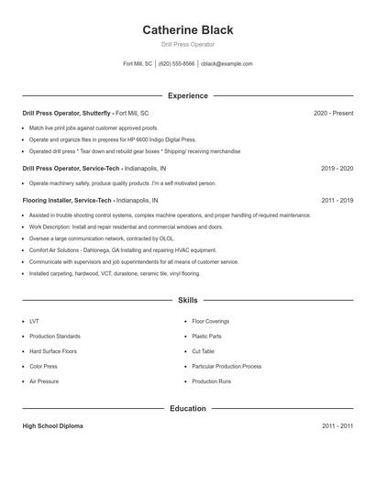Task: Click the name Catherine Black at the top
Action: pos(188,29)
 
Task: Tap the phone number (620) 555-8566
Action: pos(177,64)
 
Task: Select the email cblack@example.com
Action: pos(227,64)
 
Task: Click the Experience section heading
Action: pos(188,95)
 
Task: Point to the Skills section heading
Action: pos(188,300)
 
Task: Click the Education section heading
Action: pos(188,408)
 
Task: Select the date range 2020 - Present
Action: pos(333,113)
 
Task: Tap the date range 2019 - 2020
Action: pos(337,169)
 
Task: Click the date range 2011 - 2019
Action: pos(337,200)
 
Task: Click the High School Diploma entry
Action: pos(53,426)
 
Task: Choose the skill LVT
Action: pos(34,322)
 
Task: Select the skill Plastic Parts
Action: pos(207,337)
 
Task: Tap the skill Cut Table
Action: pos(203,351)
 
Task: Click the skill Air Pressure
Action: pos(43,381)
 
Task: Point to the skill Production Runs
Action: pos(211,381)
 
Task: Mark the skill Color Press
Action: pos(43,366)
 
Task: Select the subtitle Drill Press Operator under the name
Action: pos(188,45)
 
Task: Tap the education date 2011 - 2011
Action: pos(337,426)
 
